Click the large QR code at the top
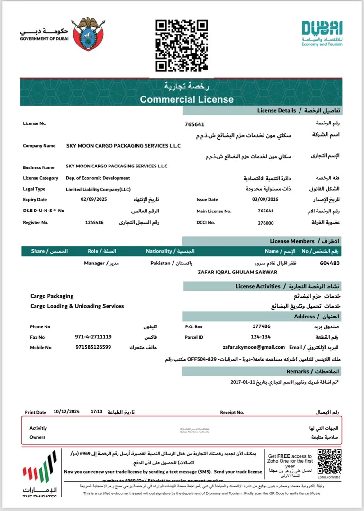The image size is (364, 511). (x=182, y=45)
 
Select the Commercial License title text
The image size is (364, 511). (x=187, y=99)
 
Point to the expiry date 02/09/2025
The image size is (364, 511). (x=91, y=200)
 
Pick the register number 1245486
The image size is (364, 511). (x=94, y=222)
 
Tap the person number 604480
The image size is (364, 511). (x=330, y=263)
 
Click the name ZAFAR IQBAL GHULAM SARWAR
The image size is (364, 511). (x=237, y=272)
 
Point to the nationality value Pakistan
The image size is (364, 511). (x=160, y=263)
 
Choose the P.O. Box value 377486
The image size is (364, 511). (x=262, y=326)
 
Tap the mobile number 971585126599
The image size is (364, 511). (x=93, y=347)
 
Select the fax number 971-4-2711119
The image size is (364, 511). (x=93, y=337)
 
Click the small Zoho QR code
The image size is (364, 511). (x=329, y=460)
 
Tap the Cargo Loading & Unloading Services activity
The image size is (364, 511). (x=77, y=306)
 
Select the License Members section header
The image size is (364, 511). (x=292, y=241)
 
